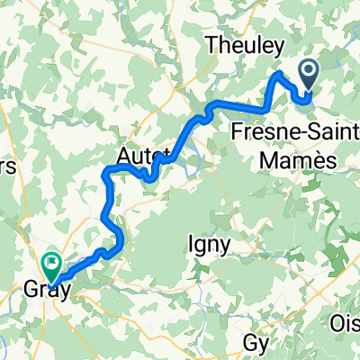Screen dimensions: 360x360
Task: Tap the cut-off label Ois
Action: [x=346, y=321]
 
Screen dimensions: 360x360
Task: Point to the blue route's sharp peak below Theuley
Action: [x=280, y=72]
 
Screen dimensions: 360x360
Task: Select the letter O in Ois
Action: [x=337, y=321]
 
